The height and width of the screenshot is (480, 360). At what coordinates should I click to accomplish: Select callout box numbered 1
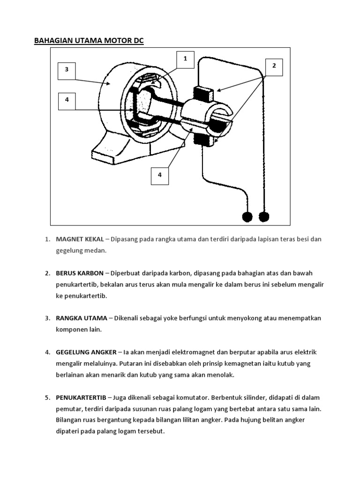click(x=185, y=60)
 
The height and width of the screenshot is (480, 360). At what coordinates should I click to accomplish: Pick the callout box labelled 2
click(x=274, y=66)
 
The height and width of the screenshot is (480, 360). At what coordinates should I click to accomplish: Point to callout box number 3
click(x=67, y=70)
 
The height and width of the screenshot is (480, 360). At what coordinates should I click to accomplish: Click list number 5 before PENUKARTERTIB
click(x=47, y=397)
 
